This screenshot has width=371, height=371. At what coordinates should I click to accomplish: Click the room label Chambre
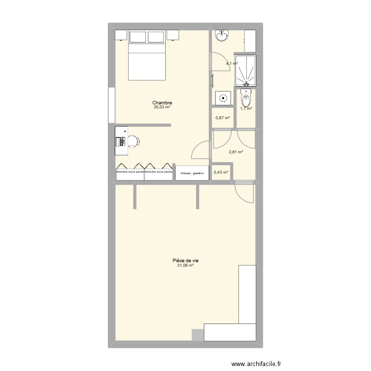coord(162,103)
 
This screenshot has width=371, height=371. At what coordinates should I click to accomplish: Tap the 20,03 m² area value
coord(162,107)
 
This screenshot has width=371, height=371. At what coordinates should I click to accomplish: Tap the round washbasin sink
coord(221,36)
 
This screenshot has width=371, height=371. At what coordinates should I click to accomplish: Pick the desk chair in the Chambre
coord(133,141)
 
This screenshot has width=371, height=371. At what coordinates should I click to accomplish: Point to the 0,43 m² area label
coord(221,172)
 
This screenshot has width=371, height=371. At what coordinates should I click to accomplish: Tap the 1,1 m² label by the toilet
coord(246,108)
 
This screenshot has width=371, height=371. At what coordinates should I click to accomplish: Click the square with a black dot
coord(224,97)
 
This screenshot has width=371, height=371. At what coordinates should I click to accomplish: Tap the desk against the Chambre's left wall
coord(120,137)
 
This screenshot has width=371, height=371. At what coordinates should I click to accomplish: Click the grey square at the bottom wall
coord(197,334)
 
